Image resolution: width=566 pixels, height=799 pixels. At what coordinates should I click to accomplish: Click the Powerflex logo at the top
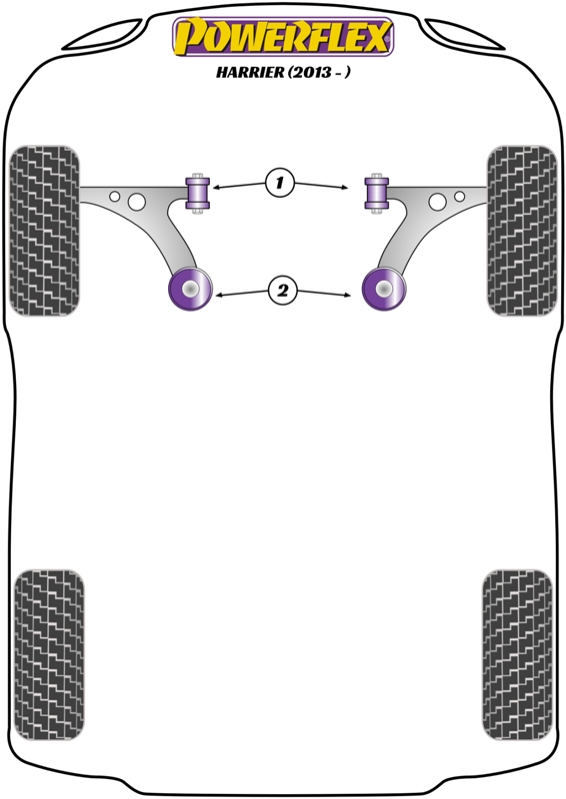[283, 36]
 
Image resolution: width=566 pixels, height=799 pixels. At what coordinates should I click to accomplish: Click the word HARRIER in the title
[250, 72]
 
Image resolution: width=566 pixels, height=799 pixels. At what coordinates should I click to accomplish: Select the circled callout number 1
[280, 183]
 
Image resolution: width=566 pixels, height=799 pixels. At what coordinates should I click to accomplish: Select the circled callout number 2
[283, 291]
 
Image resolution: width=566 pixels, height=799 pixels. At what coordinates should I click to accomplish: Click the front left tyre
[45, 231]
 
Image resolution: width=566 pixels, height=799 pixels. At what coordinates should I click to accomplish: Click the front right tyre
[522, 231]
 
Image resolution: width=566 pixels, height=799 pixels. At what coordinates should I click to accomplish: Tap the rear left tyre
[49, 655]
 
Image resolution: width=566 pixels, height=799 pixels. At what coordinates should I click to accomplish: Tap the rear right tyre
[517, 655]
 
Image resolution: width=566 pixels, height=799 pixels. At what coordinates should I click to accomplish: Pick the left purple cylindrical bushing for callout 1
[198, 193]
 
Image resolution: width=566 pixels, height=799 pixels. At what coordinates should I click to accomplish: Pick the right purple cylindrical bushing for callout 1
[377, 193]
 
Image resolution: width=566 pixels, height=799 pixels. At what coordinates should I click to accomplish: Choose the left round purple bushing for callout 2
[190, 289]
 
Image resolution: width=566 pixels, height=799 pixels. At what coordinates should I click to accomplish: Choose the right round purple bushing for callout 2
[384, 289]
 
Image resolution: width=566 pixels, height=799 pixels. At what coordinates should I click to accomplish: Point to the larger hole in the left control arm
[137, 202]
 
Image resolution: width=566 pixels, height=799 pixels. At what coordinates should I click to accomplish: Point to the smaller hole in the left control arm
[115, 196]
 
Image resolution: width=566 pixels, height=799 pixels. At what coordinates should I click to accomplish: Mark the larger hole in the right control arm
[437, 202]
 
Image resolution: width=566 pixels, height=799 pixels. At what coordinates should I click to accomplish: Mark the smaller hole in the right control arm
[459, 196]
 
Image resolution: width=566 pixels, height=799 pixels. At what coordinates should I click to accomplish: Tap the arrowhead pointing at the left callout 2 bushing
[218, 295]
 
